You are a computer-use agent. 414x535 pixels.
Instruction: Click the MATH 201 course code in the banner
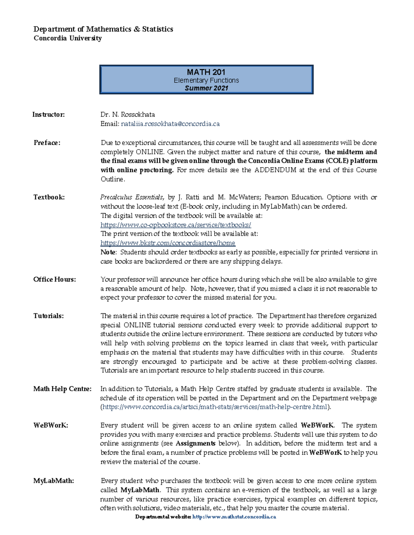206,72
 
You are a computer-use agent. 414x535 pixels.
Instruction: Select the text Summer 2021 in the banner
206,88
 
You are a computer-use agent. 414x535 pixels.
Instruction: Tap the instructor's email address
170,124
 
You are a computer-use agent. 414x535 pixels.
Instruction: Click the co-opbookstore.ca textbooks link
176,225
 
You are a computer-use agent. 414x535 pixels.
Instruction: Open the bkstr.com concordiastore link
168,243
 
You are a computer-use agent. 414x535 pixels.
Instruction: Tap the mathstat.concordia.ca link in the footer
234,517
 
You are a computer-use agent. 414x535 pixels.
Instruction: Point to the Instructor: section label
49,114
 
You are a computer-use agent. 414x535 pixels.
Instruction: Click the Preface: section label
47,143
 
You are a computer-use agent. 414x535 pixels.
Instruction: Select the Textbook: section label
49,197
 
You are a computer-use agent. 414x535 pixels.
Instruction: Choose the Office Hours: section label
55,279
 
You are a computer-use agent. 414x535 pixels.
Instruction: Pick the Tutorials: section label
49,316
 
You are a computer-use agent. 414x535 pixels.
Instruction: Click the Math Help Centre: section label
62,389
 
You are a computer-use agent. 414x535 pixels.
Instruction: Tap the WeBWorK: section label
51,425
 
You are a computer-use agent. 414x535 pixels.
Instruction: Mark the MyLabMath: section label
53,481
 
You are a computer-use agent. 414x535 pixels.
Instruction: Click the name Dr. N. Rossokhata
128,114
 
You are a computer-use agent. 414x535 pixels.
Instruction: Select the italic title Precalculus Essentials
131,197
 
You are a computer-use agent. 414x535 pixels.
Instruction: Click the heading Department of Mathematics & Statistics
103,29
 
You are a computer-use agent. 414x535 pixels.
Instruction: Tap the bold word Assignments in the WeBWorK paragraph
196,443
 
